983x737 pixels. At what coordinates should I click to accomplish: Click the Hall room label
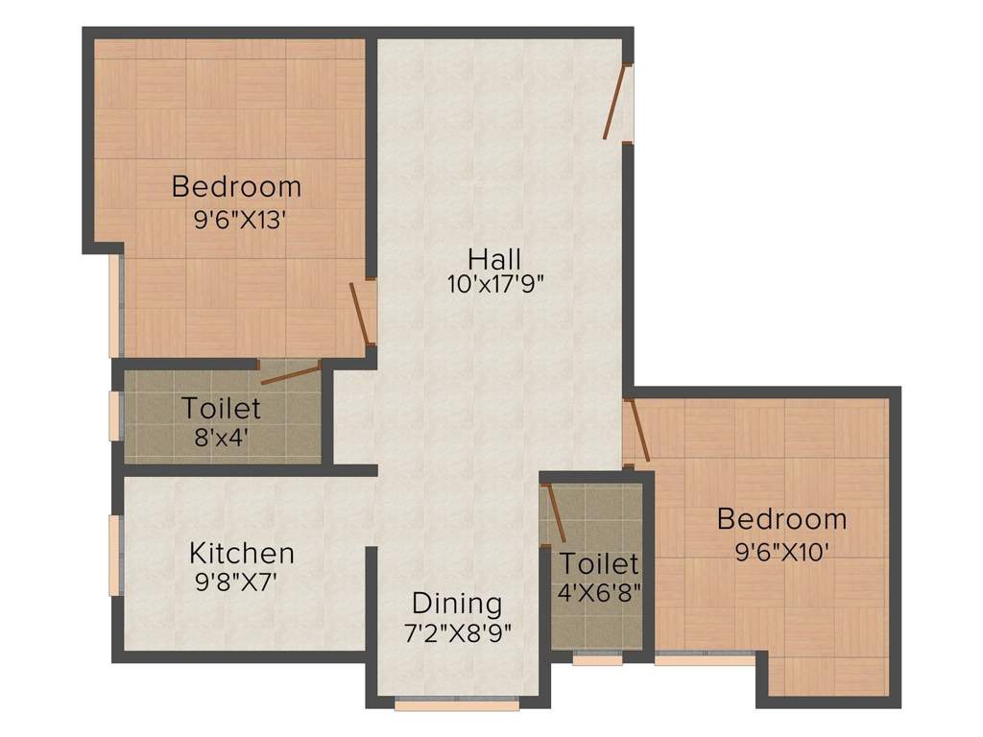[494, 259]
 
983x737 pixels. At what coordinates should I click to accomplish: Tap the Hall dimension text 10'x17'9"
[495, 285]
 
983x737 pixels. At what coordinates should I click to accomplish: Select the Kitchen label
[241, 554]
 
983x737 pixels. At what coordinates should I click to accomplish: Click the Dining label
[457, 605]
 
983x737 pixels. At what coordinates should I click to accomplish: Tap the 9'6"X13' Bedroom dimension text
[240, 220]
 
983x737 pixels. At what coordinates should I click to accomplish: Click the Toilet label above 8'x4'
[222, 409]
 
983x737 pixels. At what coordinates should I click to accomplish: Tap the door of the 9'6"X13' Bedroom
[362, 313]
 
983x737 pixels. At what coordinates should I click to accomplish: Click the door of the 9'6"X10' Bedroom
[637, 430]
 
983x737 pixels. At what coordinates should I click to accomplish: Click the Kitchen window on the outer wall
[116, 555]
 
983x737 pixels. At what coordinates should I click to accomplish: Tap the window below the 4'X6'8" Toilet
[596, 660]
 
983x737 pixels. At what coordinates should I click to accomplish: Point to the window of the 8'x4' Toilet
[117, 415]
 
